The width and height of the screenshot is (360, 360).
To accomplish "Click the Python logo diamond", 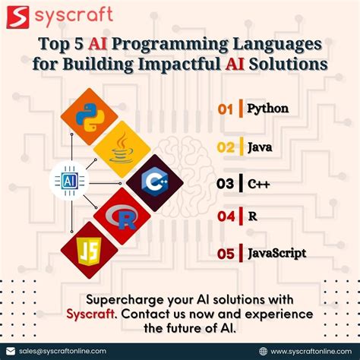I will (89, 116).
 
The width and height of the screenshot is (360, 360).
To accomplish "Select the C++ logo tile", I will (154, 182).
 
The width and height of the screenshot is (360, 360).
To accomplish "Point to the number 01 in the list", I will (225, 109).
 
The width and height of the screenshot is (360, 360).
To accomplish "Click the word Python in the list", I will (268, 109).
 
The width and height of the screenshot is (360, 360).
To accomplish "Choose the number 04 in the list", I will (226, 216).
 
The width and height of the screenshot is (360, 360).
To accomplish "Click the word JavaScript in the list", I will (277, 253).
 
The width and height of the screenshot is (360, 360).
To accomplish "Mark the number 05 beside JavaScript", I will (226, 254).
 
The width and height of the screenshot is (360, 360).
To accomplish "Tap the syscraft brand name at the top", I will (76, 14).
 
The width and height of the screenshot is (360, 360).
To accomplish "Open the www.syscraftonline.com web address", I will (310, 351).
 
